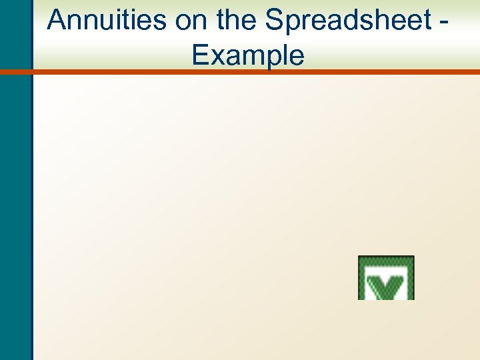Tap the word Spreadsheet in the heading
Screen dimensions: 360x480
pos(349,21)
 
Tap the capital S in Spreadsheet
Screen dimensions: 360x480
pos(275,21)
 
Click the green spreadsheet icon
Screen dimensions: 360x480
pos(386,278)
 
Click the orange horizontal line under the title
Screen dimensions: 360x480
pos(253,71)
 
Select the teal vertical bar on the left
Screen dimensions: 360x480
pos(15,200)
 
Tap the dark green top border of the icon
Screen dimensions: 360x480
pos(386,258)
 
